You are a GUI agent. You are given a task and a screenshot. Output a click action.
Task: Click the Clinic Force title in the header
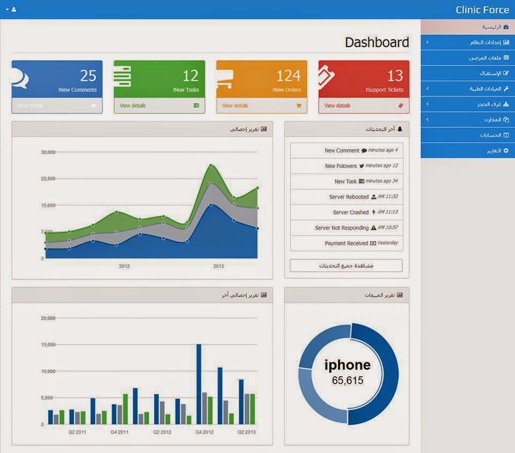(x=482, y=10)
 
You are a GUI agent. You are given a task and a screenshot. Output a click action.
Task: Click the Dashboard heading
(x=377, y=42)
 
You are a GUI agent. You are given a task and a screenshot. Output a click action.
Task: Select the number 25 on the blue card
(x=88, y=75)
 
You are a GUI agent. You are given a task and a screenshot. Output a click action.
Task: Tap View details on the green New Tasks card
(x=133, y=106)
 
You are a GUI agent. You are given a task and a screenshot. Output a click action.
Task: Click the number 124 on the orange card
(x=289, y=75)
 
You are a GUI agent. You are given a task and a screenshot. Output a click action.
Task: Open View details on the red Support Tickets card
(x=337, y=106)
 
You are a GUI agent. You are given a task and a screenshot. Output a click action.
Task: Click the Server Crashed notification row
(x=351, y=213)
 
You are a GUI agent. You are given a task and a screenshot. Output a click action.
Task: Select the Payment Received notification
(x=347, y=243)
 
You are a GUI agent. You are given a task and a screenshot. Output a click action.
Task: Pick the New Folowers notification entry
(x=341, y=166)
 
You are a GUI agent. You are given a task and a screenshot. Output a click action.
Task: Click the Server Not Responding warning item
(x=342, y=228)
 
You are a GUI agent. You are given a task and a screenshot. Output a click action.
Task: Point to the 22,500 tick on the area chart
(x=48, y=179)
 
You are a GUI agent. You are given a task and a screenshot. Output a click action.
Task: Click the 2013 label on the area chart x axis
(x=218, y=266)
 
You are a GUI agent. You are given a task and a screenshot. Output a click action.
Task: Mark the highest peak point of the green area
(x=211, y=165)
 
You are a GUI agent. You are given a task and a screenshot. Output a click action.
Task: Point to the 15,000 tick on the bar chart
(x=48, y=345)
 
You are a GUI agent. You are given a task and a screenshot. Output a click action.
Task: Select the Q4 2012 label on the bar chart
(x=204, y=432)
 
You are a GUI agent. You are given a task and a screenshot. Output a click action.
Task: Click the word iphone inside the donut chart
(x=348, y=366)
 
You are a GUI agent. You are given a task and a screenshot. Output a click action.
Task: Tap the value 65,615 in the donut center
(x=348, y=381)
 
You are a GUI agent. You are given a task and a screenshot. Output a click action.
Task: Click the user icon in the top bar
(x=13, y=10)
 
